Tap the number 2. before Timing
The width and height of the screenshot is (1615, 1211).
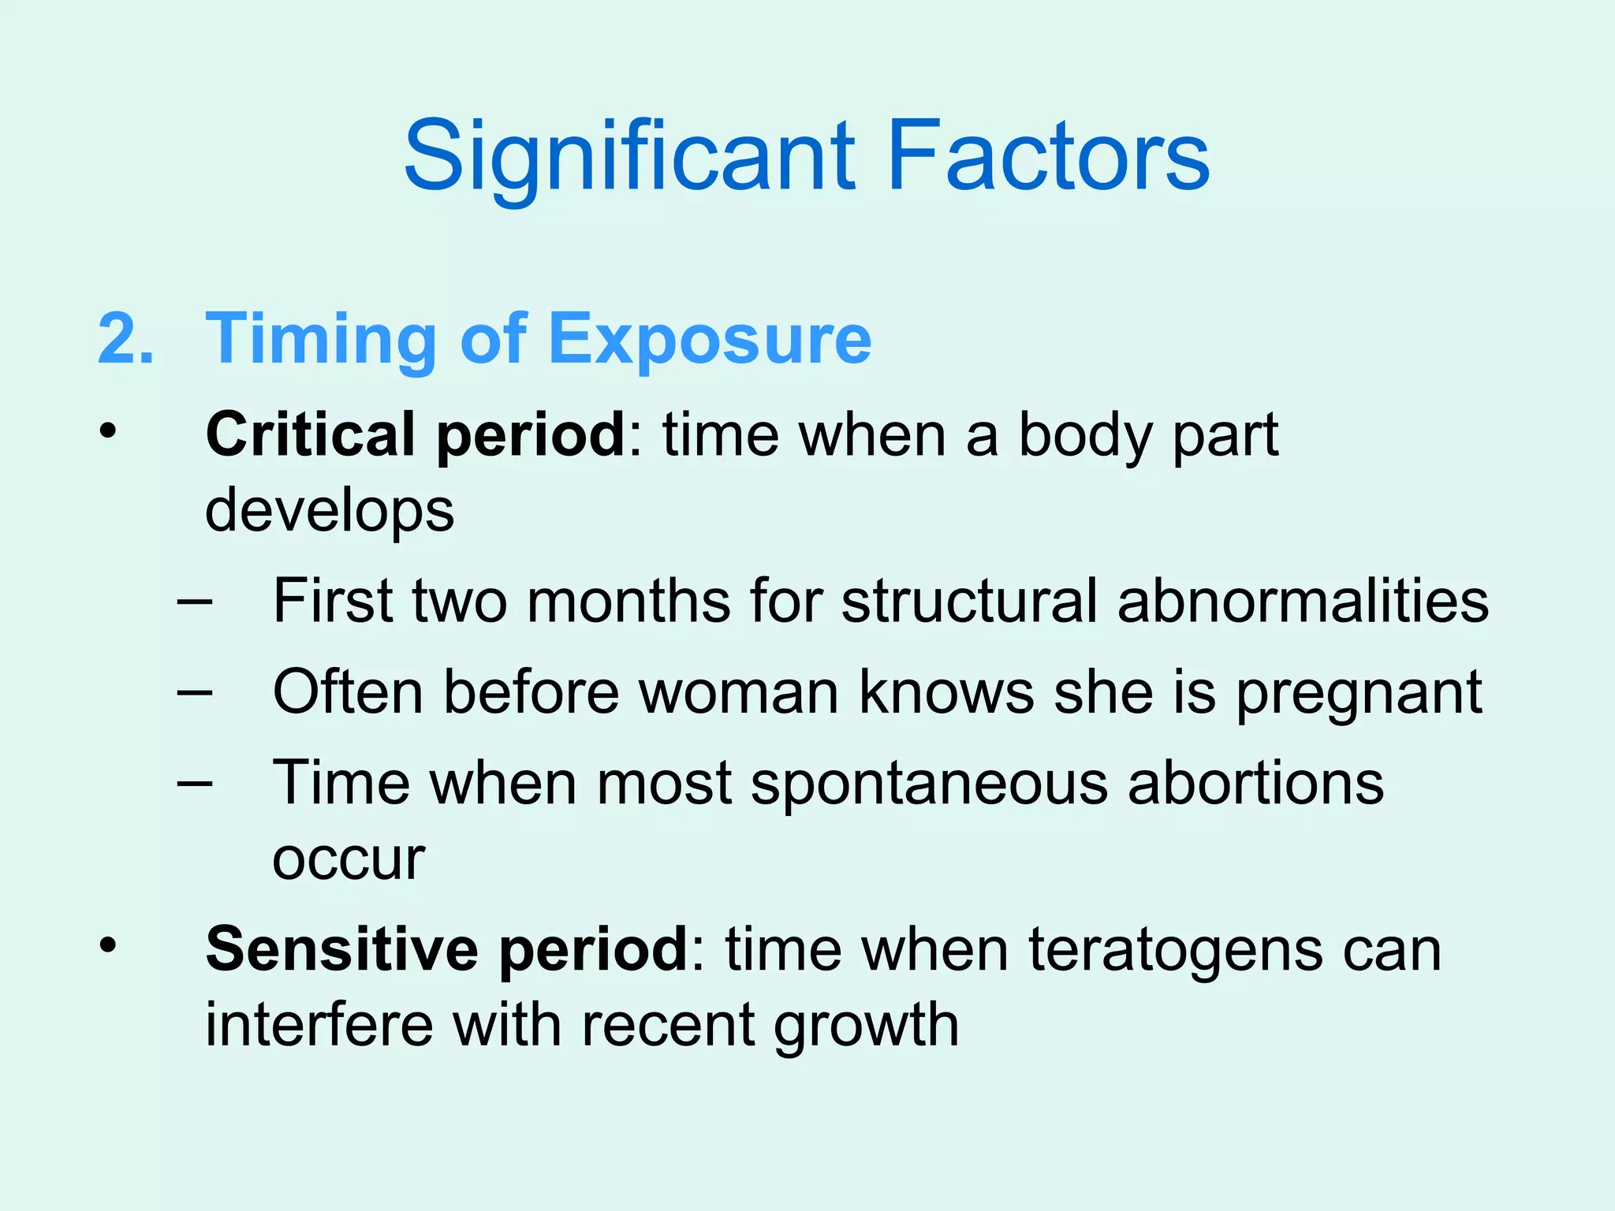click(126, 338)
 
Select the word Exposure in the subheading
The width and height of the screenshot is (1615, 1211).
click(710, 338)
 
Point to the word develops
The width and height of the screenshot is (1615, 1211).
click(330, 510)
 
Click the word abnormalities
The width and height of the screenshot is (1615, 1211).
click(1303, 601)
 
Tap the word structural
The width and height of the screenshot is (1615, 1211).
click(969, 601)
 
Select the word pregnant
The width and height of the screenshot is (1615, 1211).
click(1359, 693)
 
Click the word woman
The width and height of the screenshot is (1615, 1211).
click(739, 691)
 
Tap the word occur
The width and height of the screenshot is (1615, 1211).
click(349, 859)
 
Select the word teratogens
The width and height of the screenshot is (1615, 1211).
click(1177, 950)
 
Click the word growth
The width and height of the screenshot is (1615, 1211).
click(866, 1026)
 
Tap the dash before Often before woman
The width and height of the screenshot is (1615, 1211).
click(194, 692)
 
